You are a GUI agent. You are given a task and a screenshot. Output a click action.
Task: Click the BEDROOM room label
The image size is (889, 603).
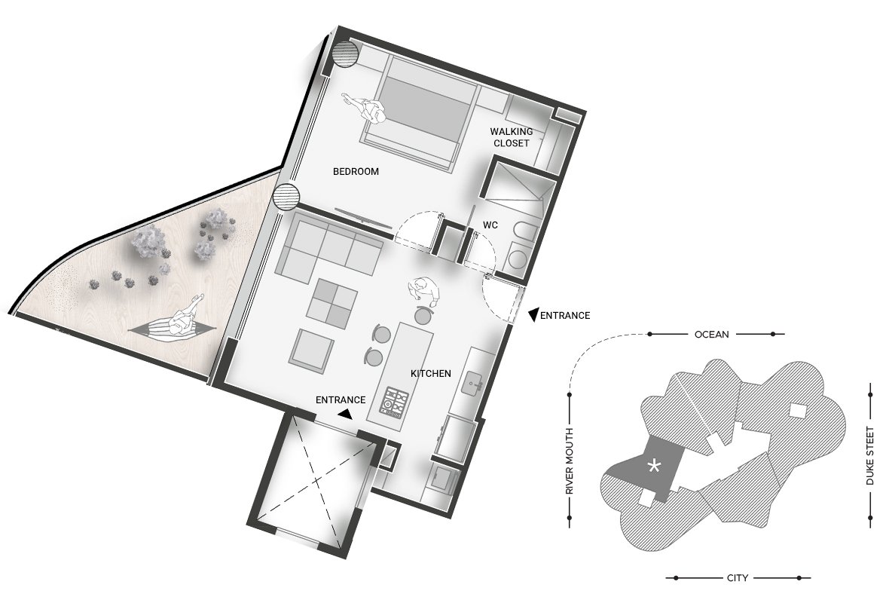click(356, 171)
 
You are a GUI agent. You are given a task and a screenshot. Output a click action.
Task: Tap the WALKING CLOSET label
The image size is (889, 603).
click(512, 137)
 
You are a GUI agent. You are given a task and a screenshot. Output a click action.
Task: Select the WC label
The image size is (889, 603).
click(490, 225)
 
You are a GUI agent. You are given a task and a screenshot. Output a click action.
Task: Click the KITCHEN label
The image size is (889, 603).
click(431, 373)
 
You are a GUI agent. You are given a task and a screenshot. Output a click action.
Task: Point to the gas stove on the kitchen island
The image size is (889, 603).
click(395, 403)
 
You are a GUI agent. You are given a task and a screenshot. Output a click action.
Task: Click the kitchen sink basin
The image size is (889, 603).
click(471, 385)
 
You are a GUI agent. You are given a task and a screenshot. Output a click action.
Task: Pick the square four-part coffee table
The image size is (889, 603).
click(331, 304)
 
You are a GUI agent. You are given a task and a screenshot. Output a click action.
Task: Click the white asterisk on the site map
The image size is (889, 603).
click(654, 467)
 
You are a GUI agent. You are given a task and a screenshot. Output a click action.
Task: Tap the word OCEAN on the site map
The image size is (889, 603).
click(711, 334)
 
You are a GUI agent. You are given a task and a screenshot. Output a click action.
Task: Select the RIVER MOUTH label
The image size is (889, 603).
click(570, 461)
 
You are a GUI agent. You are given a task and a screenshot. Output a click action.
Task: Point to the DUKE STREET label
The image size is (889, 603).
click(869, 456)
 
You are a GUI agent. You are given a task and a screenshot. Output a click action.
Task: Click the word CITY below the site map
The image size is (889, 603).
click(737, 578)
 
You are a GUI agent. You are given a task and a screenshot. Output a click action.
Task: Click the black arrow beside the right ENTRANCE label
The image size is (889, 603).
click(533, 315)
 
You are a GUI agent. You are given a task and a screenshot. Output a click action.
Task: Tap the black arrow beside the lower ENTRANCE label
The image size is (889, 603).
click(345, 415)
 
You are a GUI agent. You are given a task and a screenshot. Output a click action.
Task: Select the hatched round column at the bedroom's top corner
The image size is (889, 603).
click(345, 54)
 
